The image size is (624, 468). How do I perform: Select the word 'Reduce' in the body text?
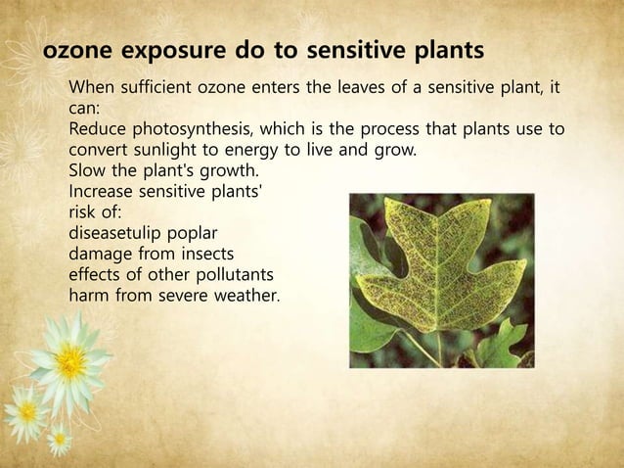(x=97, y=132)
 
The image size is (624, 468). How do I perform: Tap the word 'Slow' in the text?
(x=87, y=173)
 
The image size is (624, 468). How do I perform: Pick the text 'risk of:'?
(x=95, y=213)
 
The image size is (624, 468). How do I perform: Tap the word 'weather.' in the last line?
(x=245, y=296)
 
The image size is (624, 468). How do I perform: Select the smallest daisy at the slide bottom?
(x=59, y=441)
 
